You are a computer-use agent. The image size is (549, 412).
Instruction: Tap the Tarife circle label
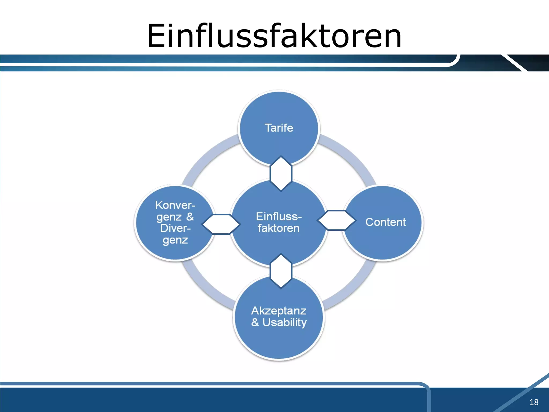click(279, 128)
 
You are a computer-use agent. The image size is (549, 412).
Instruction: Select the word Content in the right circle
click(385, 222)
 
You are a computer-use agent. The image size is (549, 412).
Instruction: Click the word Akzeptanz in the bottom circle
click(279, 311)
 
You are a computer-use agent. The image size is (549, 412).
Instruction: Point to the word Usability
click(284, 322)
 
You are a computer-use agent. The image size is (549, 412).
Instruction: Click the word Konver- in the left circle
click(175, 205)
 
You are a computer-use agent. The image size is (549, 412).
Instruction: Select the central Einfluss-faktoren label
click(279, 222)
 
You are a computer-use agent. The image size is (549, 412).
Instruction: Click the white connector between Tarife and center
click(281, 173)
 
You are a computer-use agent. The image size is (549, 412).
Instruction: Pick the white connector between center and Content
click(336, 220)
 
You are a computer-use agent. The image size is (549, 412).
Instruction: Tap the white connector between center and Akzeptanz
click(281, 271)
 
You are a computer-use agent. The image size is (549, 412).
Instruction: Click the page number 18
click(534, 402)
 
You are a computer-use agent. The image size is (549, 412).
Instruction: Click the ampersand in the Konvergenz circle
click(190, 216)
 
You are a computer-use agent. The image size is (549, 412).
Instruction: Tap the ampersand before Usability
click(255, 322)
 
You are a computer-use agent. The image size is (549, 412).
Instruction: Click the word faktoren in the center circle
click(279, 228)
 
